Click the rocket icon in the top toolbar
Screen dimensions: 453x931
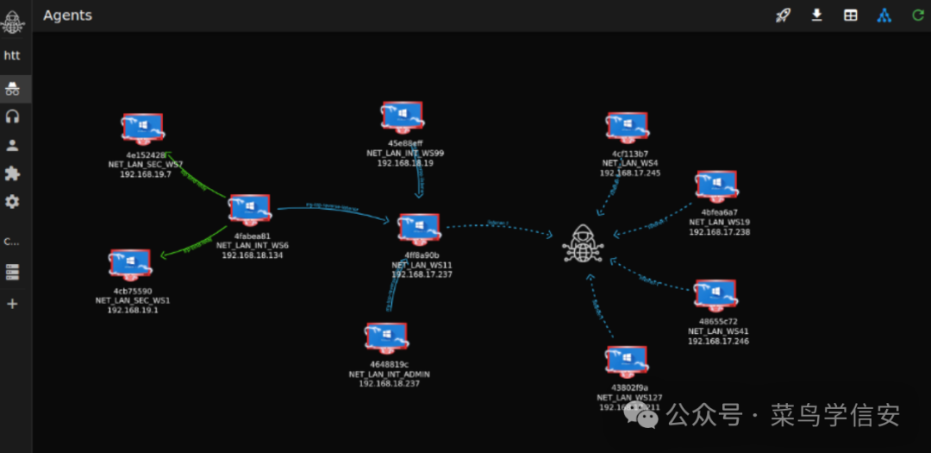point(783,15)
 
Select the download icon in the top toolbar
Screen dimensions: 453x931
point(817,15)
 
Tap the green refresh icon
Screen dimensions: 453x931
point(918,15)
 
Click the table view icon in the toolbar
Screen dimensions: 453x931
point(851,15)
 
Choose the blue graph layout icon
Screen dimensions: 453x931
point(884,15)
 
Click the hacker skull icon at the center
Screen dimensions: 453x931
point(584,242)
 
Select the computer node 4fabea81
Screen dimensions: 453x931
point(250,210)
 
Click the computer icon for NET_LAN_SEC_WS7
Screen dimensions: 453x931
point(142,129)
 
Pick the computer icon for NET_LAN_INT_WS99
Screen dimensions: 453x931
point(403,118)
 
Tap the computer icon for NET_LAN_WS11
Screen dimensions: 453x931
point(419,230)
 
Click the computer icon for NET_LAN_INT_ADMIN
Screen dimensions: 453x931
point(386,339)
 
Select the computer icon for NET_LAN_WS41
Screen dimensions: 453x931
point(715,296)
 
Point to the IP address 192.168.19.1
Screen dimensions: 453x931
point(132,310)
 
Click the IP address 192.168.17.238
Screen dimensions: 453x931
point(719,232)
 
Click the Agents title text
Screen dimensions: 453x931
point(67,16)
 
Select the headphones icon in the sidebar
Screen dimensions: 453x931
point(12,116)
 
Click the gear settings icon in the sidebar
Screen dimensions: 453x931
point(12,202)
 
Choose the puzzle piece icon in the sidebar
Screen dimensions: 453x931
point(12,173)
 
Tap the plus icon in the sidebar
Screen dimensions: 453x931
point(12,304)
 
